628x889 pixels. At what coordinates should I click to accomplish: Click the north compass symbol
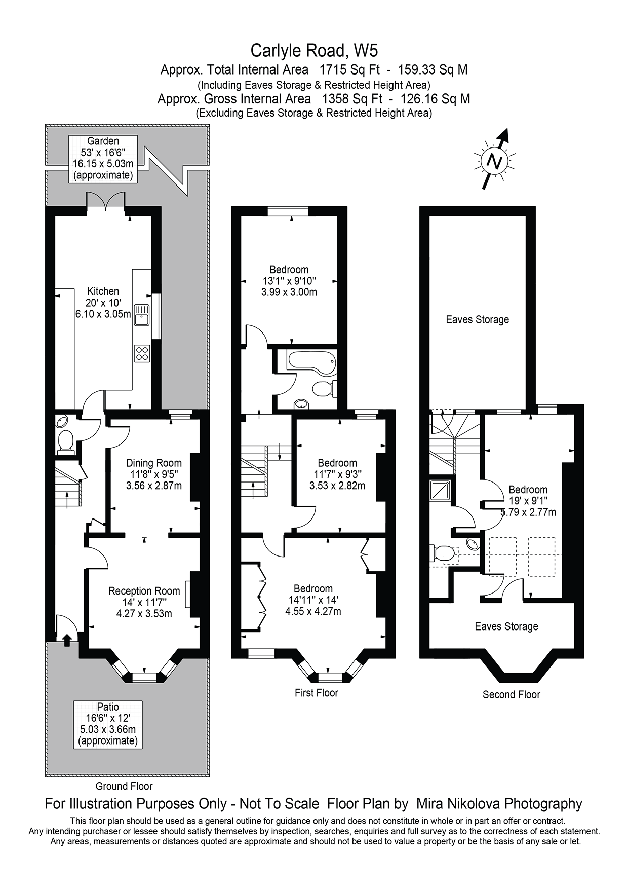click(494, 161)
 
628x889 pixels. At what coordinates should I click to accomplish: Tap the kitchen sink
click(141, 315)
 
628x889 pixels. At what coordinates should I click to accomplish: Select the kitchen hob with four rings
click(142, 353)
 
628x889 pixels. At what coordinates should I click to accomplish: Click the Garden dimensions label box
click(103, 158)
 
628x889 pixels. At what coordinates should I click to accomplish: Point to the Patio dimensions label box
click(108, 724)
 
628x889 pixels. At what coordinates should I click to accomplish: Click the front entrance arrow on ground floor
click(67, 641)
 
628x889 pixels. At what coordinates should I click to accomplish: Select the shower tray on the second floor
click(440, 490)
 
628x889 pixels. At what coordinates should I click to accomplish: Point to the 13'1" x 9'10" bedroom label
click(289, 281)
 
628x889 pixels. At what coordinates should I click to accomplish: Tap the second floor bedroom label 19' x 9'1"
click(528, 501)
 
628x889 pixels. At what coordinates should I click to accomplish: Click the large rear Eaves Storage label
click(477, 319)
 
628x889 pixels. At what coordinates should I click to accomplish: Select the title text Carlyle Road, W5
click(314, 51)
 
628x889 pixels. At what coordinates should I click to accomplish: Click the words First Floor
click(316, 692)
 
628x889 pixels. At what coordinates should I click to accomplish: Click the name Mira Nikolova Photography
click(499, 803)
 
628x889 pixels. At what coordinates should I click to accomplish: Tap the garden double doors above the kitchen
click(106, 202)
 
